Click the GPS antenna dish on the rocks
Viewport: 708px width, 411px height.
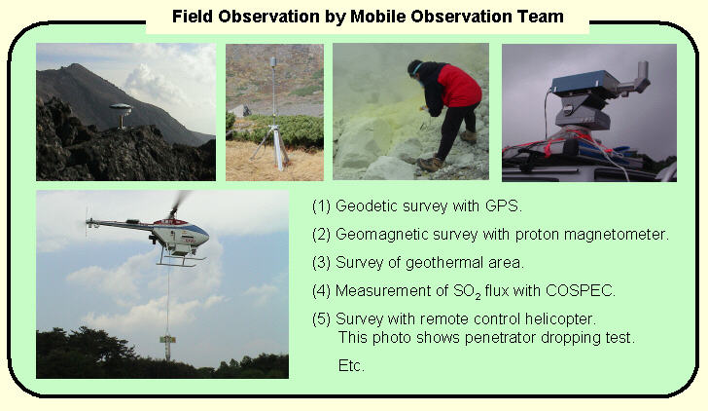click(121, 107)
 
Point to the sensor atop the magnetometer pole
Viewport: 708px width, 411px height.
click(272, 62)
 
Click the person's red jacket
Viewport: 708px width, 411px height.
click(458, 85)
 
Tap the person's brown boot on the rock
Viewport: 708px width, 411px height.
click(430, 165)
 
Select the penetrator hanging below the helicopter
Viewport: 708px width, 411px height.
click(167, 347)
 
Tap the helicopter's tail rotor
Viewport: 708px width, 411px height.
click(87, 221)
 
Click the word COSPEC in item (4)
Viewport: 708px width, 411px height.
click(581, 291)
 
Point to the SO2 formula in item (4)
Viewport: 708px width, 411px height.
click(467, 291)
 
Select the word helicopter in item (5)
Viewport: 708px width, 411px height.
click(560, 318)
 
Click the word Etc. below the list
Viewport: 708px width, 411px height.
click(351, 365)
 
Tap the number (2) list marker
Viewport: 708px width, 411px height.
click(321, 234)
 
